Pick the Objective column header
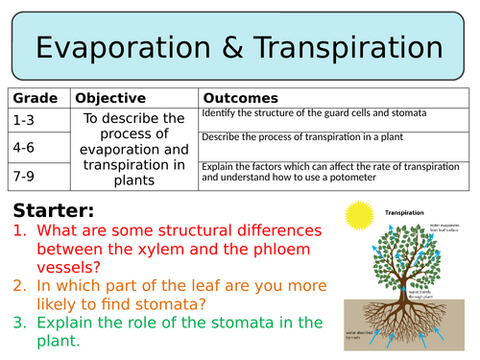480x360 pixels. click(110, 99)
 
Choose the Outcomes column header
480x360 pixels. click(240, 99)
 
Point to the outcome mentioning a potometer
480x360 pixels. click(326, 172)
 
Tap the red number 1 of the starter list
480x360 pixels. click(20, 231)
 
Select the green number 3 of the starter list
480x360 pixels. click(20, 322)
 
